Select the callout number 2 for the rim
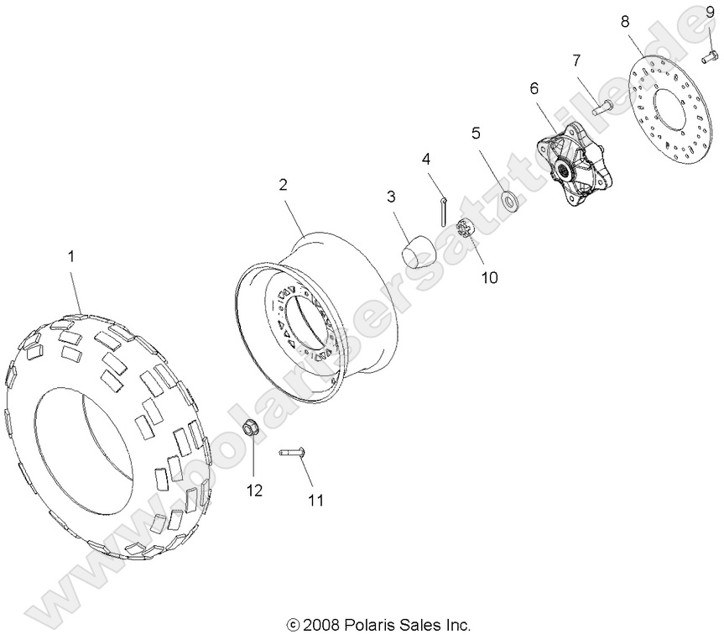tap(284, 183)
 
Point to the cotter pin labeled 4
tap(442, 213)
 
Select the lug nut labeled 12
tap(249, 429)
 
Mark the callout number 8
tap(624, 21)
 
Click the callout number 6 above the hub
tap(533, 88)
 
